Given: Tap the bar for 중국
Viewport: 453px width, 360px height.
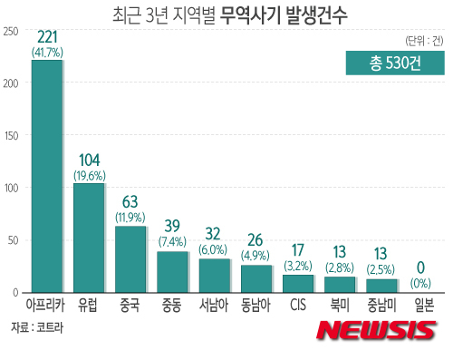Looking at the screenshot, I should click(x=131, y=259).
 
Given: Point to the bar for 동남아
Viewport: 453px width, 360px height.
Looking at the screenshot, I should click(x=256, y=278).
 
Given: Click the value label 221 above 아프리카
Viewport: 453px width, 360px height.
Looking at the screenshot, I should click(x=47, y=36).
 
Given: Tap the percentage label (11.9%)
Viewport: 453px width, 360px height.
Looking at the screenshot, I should click(x=131, y=218).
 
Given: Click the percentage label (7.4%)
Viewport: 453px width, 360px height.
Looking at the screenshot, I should click(x=172, y=242).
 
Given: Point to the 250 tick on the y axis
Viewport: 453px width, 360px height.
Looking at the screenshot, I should click(x=11, y=31).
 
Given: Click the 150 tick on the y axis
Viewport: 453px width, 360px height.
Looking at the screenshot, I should click(x=11, y=136).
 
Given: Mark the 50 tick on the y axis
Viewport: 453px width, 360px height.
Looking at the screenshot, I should click(x=14, y=240).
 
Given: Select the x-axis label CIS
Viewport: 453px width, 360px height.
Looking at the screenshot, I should click(x=298, y=305).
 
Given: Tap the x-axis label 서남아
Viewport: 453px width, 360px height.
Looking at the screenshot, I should click(x=214, y=305).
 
